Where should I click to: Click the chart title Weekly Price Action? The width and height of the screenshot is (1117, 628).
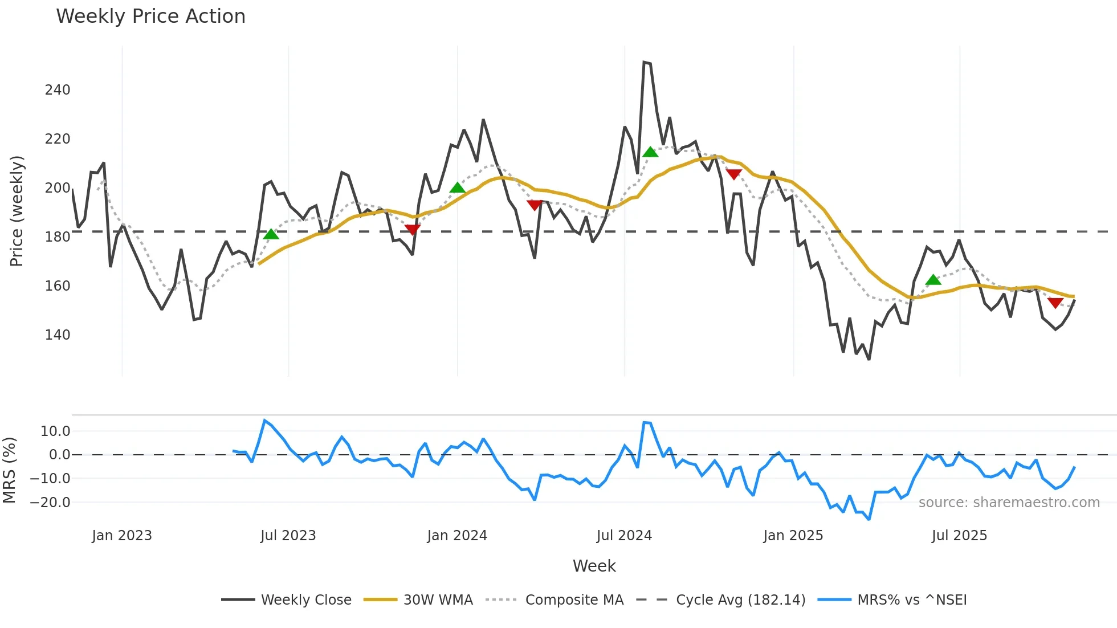pos(150,17)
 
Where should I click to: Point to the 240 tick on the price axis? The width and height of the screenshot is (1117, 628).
pos(58,90)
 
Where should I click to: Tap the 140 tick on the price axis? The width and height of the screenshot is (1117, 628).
pos(58,335)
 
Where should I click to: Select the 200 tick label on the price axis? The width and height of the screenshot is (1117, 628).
pos(58,188)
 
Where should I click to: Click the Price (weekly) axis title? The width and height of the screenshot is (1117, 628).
pos(17,211)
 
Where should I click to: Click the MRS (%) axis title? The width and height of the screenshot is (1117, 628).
pos(9,470)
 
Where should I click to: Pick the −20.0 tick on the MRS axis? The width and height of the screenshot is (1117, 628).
pos(50,503)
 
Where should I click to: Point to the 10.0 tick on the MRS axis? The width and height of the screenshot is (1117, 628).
pos(55,431)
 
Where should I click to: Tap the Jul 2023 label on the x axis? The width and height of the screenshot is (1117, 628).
pos(288,536)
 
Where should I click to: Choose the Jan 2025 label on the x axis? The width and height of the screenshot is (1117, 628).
pos(793,536)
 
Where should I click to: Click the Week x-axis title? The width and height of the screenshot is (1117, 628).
pos(594,566)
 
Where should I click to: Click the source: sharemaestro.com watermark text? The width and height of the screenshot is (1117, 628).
pos(1009,503)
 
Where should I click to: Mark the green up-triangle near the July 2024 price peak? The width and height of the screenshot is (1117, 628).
pos(650,152)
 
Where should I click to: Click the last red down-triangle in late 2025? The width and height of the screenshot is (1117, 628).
pos(1055,303)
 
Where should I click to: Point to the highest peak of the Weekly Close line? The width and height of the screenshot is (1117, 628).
pos(644,62)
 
